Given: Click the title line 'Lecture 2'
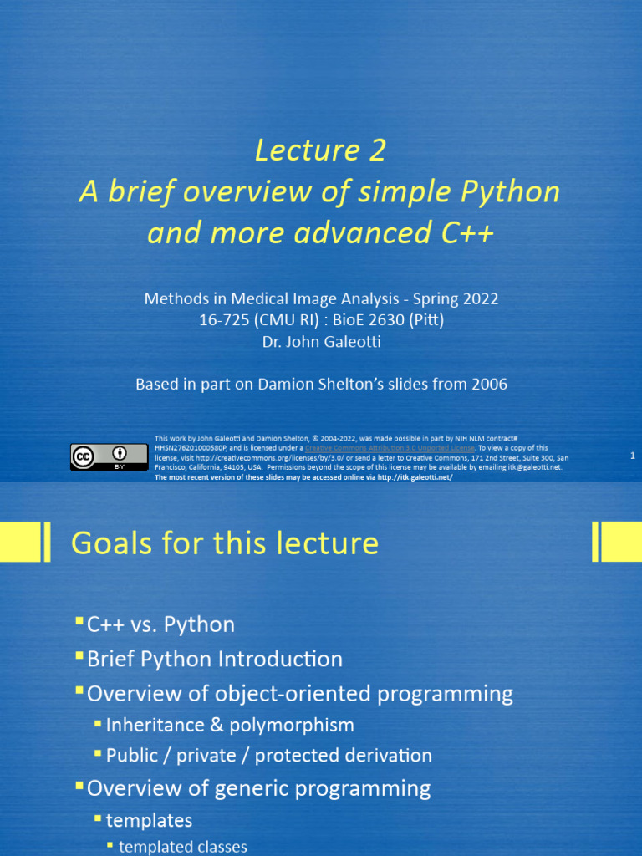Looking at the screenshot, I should tap(320, 150).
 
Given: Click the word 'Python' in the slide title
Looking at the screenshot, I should tap(512, 192).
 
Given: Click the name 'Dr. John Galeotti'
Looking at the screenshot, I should tap(321, 342).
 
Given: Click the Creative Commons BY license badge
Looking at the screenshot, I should tap(98, 457).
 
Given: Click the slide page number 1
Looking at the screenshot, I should tap(633, 456).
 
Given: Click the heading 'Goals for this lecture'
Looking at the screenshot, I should tap(225, 543).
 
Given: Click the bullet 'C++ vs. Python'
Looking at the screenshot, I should tap(160, 624).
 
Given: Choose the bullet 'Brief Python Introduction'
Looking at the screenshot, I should tap(215, 659).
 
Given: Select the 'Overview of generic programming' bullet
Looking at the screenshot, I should tap(258, 788).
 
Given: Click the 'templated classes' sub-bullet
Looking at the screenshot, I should tap(183, 847).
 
